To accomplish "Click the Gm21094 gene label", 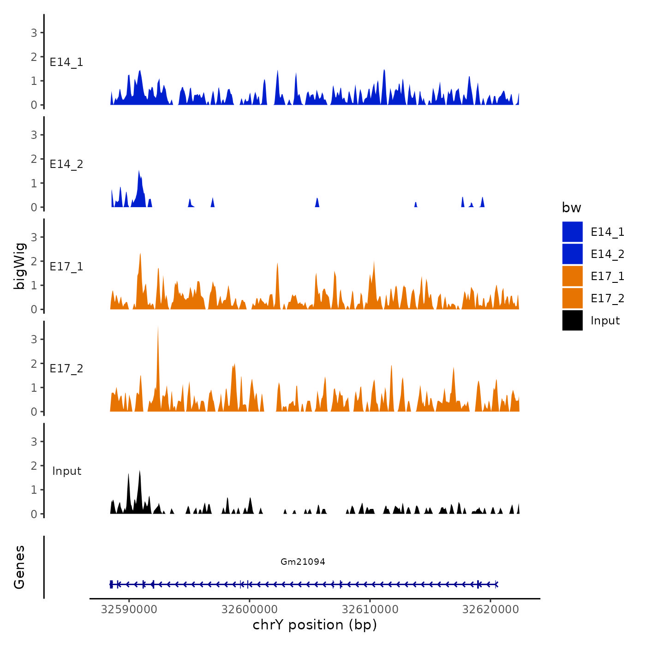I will [x=303, y=562].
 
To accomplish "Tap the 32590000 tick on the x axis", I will [x=129, y=610].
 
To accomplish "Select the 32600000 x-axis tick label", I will [x=250, y=610].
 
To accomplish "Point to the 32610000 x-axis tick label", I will [x=370, y=610].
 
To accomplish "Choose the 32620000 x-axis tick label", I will [x=490, y=610].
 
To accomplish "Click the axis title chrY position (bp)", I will [x=315, y=625].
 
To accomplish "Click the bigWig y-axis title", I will [x=20, y=266].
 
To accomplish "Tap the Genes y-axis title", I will [x=19, y=567].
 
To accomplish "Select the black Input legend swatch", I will [x=572, y=320].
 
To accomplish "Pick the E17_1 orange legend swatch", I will [x=572, y=276].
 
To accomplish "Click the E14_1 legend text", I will [x=607, y=232].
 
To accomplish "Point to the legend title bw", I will [x=571, y=208].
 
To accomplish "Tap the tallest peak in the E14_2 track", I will [x=139, y=172].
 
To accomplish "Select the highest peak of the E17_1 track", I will [x=140, y=254].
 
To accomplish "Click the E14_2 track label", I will [x=66, y=164].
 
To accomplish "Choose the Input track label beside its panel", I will [x=66, y=471].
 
